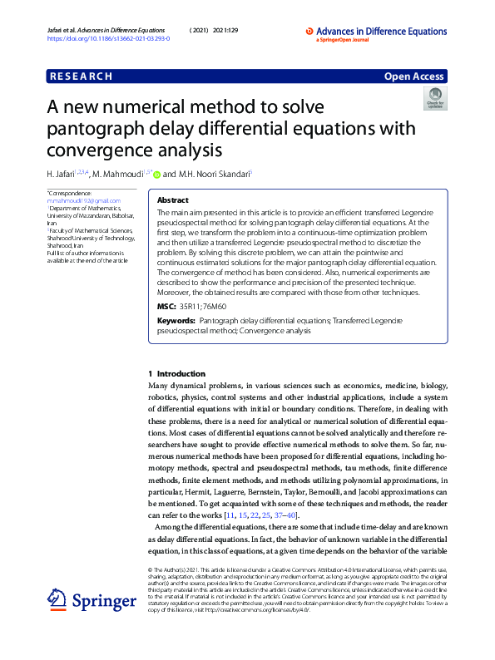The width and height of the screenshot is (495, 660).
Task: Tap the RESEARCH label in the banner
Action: (81, 76)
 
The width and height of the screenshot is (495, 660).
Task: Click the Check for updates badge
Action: (434, 101)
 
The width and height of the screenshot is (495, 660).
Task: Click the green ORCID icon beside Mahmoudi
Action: (156, 175)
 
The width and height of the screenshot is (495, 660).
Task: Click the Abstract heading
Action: (172, 201)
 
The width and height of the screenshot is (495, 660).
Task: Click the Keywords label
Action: (176, 320)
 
